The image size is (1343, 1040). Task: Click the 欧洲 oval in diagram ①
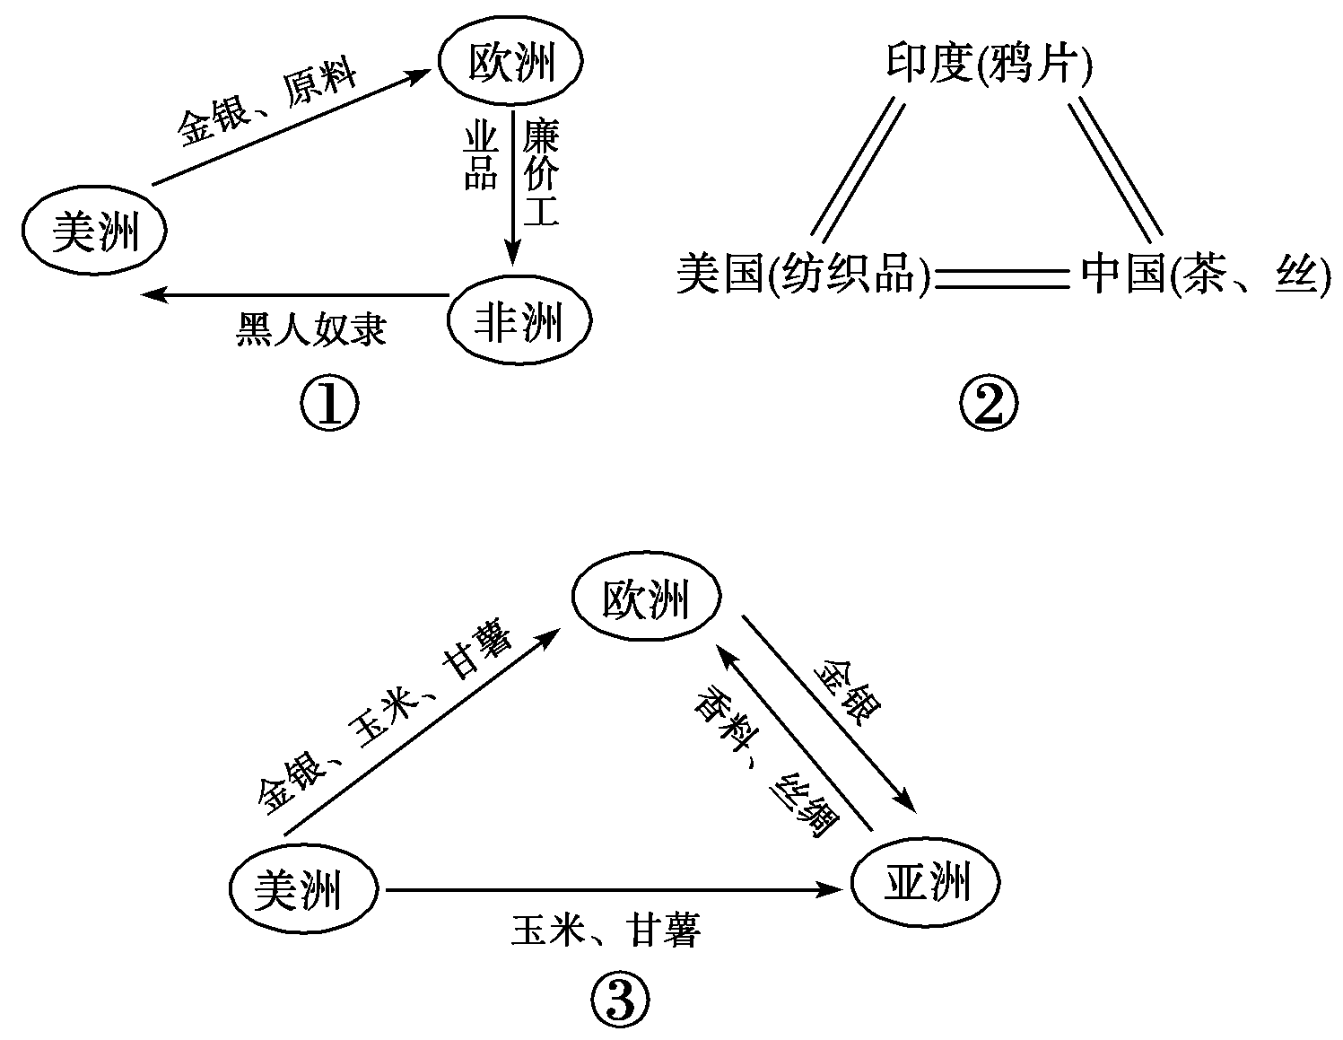pos(510,63)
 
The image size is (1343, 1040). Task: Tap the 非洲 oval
pos(519,321)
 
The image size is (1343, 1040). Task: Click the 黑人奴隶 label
pos(311,329)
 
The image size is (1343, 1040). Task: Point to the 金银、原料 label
pos(266,104)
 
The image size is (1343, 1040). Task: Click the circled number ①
pos(328,406)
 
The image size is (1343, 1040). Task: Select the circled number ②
pos(990,406)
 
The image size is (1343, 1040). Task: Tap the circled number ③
pos(619,1001)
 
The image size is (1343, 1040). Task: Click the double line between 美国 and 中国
pos(1003,278)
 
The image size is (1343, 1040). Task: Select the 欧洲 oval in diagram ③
pos(646,599)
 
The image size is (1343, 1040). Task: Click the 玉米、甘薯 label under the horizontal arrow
pos(606,930)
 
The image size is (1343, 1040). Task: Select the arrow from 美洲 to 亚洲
pos(615,890)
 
